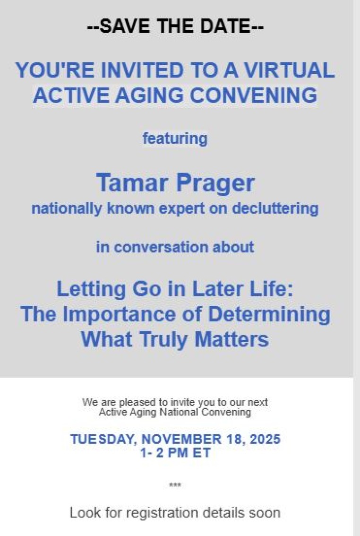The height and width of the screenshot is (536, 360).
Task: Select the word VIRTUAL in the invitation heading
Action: [289, 70]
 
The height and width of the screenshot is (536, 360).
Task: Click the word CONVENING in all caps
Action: [253, 95]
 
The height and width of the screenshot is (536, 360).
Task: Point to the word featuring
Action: [175, 139]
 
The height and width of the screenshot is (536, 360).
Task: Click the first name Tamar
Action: [133, 182]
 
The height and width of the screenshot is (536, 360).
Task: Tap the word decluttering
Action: [275, 209]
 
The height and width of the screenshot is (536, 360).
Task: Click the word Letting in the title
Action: [91, 289]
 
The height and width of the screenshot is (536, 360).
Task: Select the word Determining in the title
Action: [269, 315]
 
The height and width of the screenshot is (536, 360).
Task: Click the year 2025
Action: [265, 439]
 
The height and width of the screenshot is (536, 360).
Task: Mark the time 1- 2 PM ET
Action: [175, 453]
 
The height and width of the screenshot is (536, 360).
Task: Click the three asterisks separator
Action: [175, 485]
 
